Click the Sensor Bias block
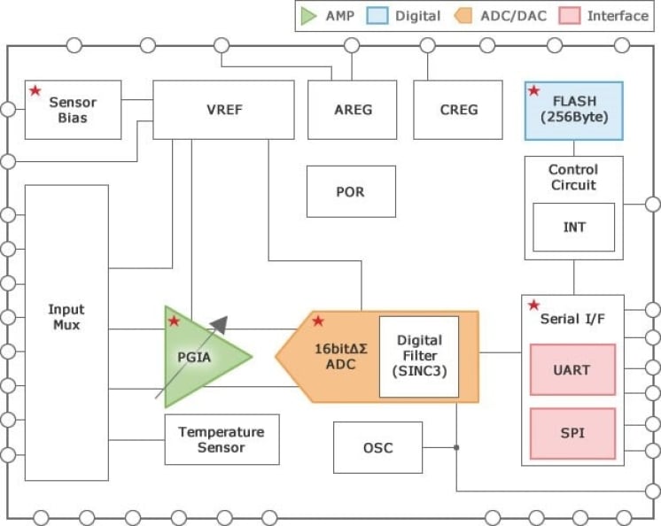tap(73, 110)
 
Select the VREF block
tap(223, 110)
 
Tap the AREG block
tap(353, 110)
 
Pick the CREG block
tap(458, 110)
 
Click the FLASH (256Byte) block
tap(574, 111)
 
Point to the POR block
tap(351, 191)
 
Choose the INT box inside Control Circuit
tap(573, 227)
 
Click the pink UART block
tap(572, 370)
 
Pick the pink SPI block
tap(572, 433)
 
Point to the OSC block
tap(377, 447)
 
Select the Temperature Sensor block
tap(222, 439)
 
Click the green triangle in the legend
tap(308, 16)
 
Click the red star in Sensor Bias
tap(35, 90)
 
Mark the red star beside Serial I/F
tap(534, 306)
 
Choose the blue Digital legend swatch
tap(377, 16)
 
